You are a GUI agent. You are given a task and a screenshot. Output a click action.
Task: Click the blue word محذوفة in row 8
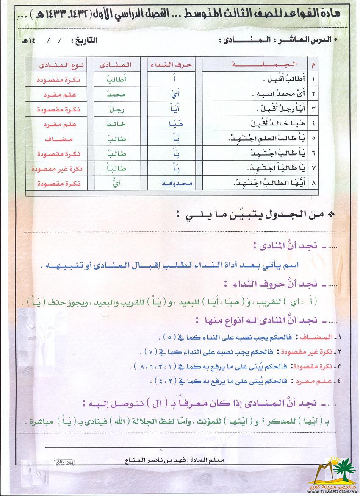point(177,184)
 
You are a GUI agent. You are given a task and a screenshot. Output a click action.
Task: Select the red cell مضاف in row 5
point(61,139)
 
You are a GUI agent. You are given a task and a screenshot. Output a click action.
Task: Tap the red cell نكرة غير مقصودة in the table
point(58,168)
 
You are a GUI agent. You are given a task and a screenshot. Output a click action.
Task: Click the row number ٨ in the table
point(314,184)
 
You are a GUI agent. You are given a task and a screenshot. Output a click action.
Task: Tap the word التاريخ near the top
point(84,41)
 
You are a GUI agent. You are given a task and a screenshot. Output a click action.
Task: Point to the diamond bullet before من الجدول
point(331,215)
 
